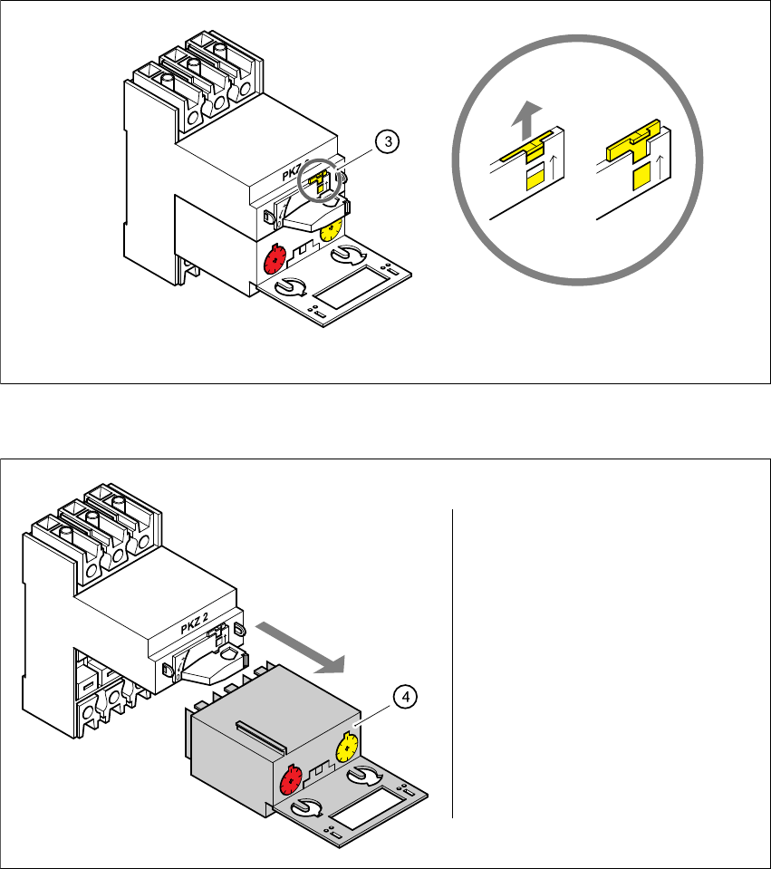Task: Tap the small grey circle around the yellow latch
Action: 316,182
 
